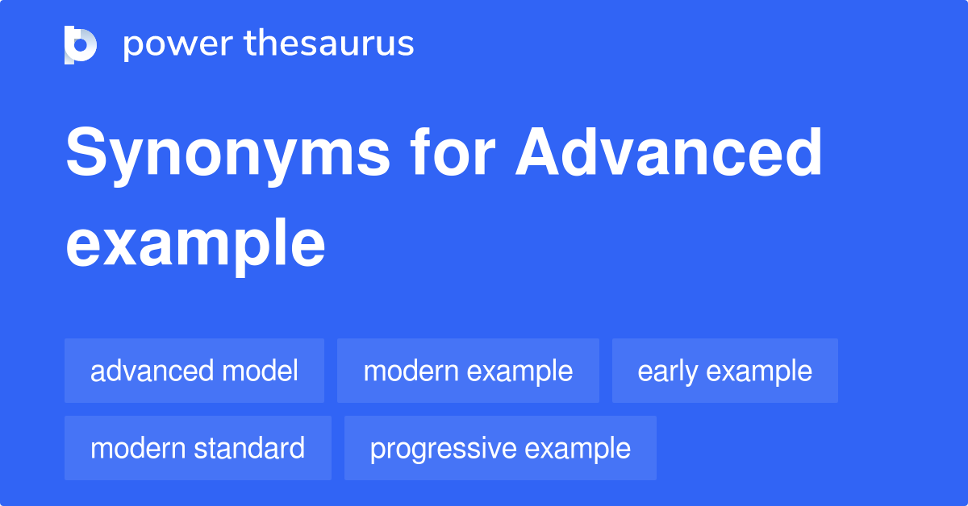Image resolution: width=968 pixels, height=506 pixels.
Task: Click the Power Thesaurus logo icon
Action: click(x=81, y=44)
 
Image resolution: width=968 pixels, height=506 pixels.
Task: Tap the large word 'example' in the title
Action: click(x=195, y=245)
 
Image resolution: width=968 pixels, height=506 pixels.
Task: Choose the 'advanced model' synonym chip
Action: click(x=194, y=371)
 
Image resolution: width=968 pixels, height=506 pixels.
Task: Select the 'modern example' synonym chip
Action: click(x=468, y=371)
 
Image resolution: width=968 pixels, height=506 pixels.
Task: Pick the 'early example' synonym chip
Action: click(x=724, y=371)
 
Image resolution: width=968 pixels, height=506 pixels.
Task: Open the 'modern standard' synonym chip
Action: click(x=198, y=448)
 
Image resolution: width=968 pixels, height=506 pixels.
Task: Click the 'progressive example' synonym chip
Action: click(x=500, y=448)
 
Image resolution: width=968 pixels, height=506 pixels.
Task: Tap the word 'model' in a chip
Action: click(x=261, y=371)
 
